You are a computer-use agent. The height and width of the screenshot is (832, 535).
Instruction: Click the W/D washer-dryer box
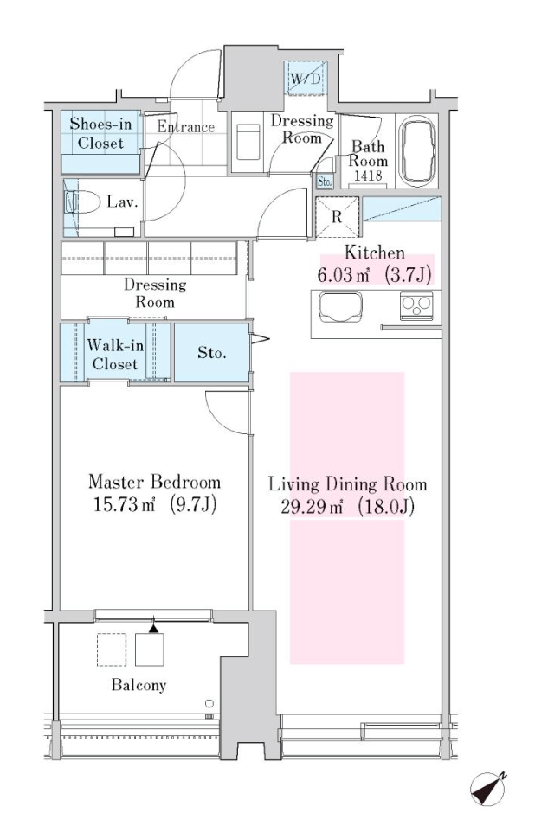306,79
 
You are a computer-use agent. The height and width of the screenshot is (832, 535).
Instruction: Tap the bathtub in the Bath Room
417,151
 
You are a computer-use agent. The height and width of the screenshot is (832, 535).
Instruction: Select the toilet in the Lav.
83,202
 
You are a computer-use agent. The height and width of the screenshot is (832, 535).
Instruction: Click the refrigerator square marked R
338,217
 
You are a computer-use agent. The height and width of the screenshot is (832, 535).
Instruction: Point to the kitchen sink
340,307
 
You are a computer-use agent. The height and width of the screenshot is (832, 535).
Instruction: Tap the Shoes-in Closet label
100,134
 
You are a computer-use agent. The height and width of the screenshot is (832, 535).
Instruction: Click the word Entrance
185,127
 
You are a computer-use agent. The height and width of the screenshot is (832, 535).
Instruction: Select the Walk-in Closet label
115,355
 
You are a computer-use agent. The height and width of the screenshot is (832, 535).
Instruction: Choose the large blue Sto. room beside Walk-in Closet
212,352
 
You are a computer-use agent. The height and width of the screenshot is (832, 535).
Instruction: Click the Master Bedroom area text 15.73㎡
125,504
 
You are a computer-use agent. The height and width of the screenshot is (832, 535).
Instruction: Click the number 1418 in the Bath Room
368,176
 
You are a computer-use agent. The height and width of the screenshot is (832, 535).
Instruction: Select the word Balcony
139,685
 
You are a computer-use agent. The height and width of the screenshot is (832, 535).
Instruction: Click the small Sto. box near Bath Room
324,182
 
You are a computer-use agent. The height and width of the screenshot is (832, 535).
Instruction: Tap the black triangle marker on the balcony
153,628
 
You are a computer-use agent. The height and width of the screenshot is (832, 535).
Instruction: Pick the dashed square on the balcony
112,650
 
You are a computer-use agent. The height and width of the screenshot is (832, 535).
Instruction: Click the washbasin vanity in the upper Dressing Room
248,142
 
